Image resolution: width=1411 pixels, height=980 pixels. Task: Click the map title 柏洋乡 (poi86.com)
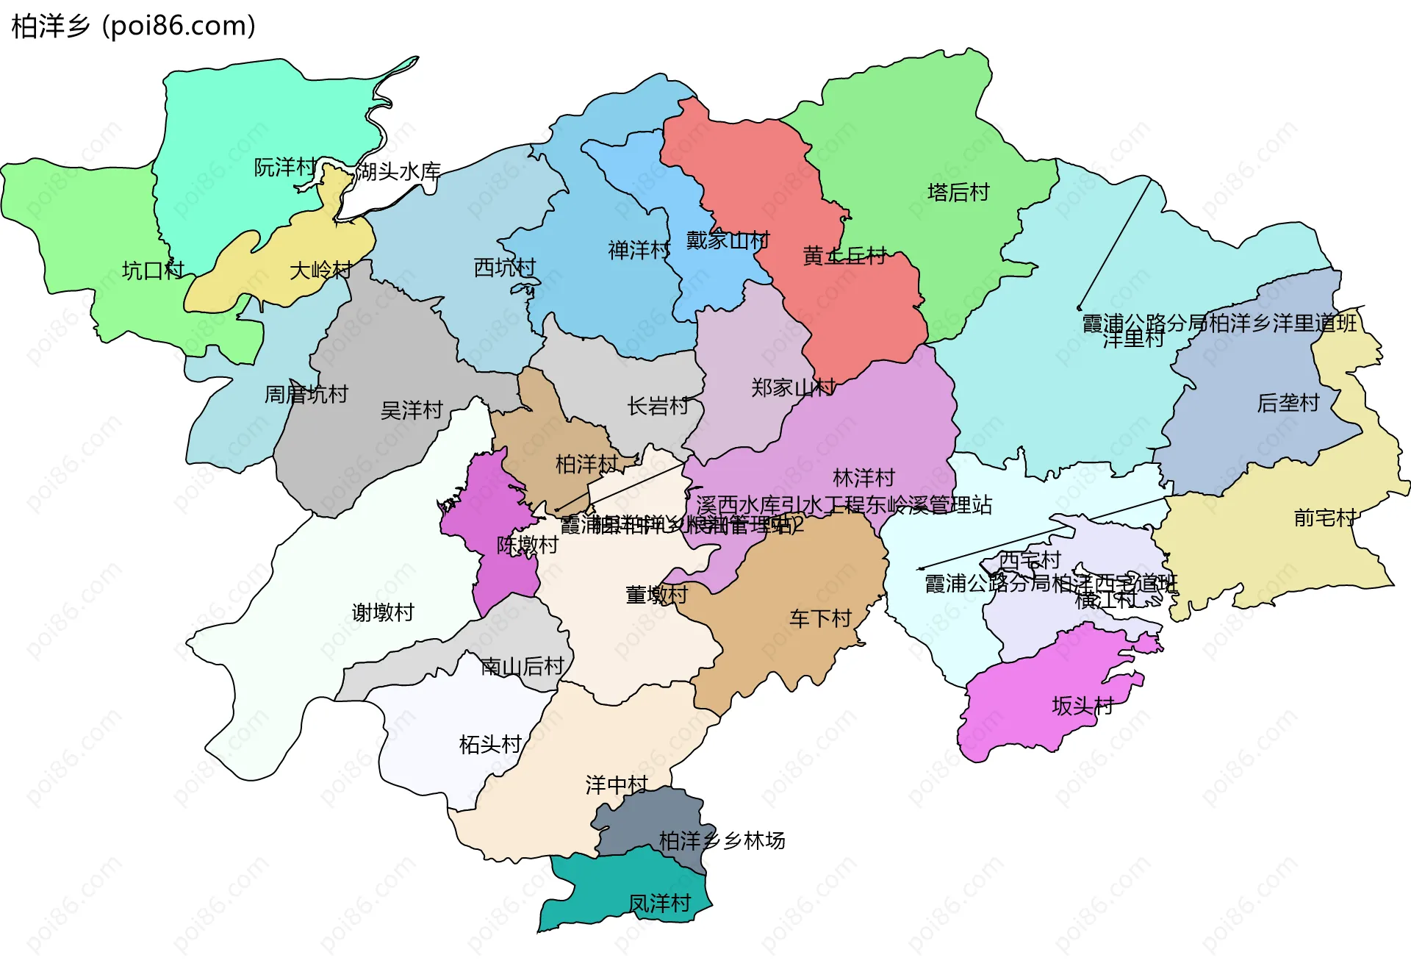coord(134,26)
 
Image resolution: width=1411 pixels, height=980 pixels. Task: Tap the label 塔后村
coord(958,193)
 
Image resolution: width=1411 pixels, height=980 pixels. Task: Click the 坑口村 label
coord(153,271)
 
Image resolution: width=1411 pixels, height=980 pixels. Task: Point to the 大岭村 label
coord(321,271)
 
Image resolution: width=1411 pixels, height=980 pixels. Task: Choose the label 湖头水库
coord(398,172)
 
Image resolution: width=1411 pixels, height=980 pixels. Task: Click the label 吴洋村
coord(412,410)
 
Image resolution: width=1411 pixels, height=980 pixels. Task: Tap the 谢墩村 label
coord(383,612)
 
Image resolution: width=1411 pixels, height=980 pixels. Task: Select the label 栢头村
coord(490,745)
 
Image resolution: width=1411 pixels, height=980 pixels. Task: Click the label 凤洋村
coord(660,904)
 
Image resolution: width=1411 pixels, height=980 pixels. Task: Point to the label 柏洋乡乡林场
coord(722,840)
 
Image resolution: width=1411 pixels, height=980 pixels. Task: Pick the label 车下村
coord(820,619)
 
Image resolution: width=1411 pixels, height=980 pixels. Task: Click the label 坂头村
coord(1083,707)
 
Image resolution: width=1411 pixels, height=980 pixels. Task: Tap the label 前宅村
coord(1324,518)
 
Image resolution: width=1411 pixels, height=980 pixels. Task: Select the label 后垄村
coord(1288,403)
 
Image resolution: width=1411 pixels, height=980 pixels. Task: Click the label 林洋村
coord(864,478)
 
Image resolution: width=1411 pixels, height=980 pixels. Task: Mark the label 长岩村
coord(658,406)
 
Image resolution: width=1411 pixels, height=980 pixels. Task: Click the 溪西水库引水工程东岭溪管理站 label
coord(844,505)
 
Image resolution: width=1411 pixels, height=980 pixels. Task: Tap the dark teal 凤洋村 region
coord(625,882)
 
